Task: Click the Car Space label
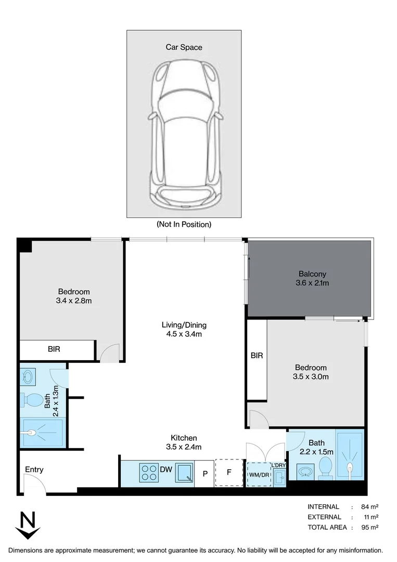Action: (x=184, y=47)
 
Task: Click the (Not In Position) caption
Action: (x=184, y=225)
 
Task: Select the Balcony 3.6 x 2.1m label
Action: (x=312, y=279)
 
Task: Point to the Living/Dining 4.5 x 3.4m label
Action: (x=184, y=329)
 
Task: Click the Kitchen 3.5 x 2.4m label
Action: (x=184, y=442)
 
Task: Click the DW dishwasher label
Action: (x=166, y=470)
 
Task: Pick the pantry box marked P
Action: (x=204, y=474)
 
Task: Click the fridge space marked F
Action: (x=229, y=473)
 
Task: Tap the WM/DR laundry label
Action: (x=259, y=475)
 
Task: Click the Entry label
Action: (x=34, y=470)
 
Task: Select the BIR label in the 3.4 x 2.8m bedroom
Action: (x=54, y=349)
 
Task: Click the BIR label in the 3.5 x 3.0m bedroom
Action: (x=257, y=356)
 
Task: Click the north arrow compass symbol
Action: (x=28, y=526)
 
